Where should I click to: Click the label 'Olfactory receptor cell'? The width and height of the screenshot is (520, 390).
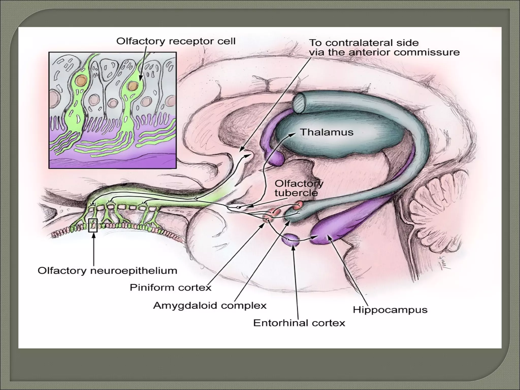click(x=176, y=41)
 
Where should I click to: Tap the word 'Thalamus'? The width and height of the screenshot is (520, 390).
click(x=327, y=132)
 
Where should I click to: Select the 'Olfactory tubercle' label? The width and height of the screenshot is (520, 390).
click(x=299, y=188)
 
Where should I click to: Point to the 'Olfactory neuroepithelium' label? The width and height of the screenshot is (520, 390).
click(x=107, y=271)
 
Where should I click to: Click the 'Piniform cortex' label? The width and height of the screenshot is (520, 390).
click(x=170, y=288)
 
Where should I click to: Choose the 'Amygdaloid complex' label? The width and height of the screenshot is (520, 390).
click(x=210, y=305)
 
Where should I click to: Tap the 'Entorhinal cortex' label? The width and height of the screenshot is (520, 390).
click(x=299, y=323)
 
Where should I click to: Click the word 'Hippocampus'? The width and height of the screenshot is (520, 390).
click(x=390, y=310)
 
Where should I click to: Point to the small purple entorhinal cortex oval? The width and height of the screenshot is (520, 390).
click(x=291, y=239)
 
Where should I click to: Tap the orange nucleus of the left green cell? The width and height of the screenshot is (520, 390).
click(x=81, y=81)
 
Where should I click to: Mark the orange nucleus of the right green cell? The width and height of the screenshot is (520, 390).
click(x=132, y=86)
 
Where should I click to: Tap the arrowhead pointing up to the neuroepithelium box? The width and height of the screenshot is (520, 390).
click(x=94, y=235)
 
